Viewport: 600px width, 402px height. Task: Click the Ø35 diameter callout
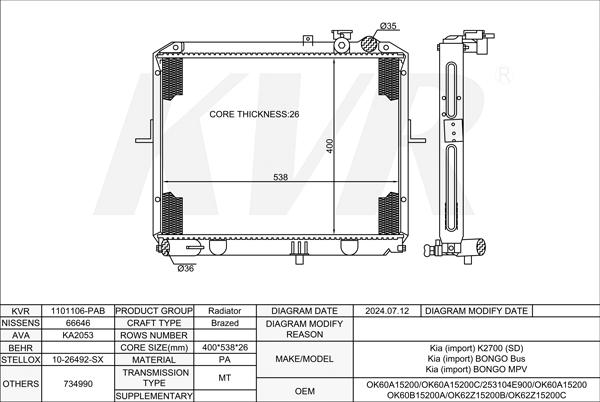click(388, 26)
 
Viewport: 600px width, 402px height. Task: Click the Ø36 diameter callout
click(186, 269)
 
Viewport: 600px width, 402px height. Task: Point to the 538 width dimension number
click(280, 177)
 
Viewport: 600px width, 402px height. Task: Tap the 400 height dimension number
click(329, 146)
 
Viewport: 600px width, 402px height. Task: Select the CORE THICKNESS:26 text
click(254, 114)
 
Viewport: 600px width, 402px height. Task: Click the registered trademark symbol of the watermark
click(504, 75)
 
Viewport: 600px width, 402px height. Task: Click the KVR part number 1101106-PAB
click(78, 311)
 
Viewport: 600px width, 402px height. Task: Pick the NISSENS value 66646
click(78, 323)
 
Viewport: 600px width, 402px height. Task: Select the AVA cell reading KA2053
click(78, 335)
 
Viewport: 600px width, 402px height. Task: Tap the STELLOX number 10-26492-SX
click(78, 360)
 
